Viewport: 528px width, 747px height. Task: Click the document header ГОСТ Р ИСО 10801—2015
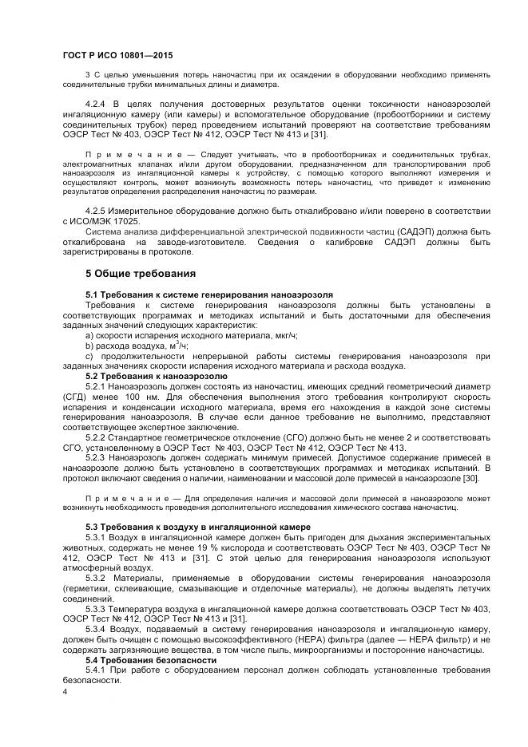(x=117, y=55)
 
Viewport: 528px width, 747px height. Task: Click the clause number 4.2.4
(x=96, y=105)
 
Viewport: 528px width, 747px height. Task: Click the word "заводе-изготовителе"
(x=211, y=241)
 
